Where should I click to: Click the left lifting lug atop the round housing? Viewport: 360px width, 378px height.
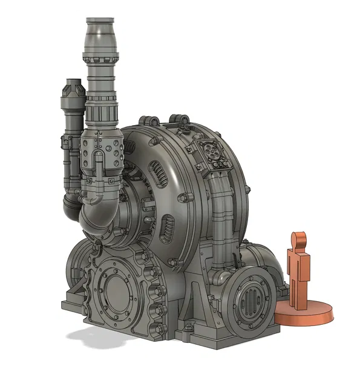[x=145, y=119]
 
